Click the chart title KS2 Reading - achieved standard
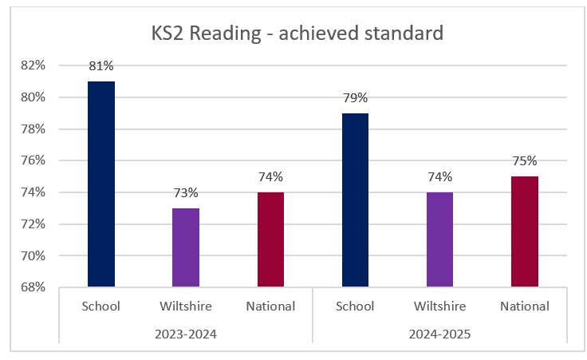pyautogui.click(x=297, y=34)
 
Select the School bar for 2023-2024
pyautogui.click(x=101, y=184)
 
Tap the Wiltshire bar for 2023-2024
pyautogui.click(x=186, y=247)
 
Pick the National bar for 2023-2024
pyautogui.click(x=270, y=239)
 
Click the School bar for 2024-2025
pyautogui.click(x=355, y=200)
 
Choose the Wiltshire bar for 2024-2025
pyautogui.click(x=439, y=239)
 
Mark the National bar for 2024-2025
pyautogui.click(x=525, y=231)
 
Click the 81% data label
pyautogui.click(x=101, y=66)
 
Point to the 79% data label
pyautogui.click(x=355, y=98)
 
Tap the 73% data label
pyautogui.click(x=186, y=193)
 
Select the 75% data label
pyautogui.click(x=525, y=161)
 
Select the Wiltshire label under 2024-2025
pyautogui.click(x=439, y=307)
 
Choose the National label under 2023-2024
pyautogui.click(x=270, y=307)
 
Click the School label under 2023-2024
pyautogui.click(x=101, y=307)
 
